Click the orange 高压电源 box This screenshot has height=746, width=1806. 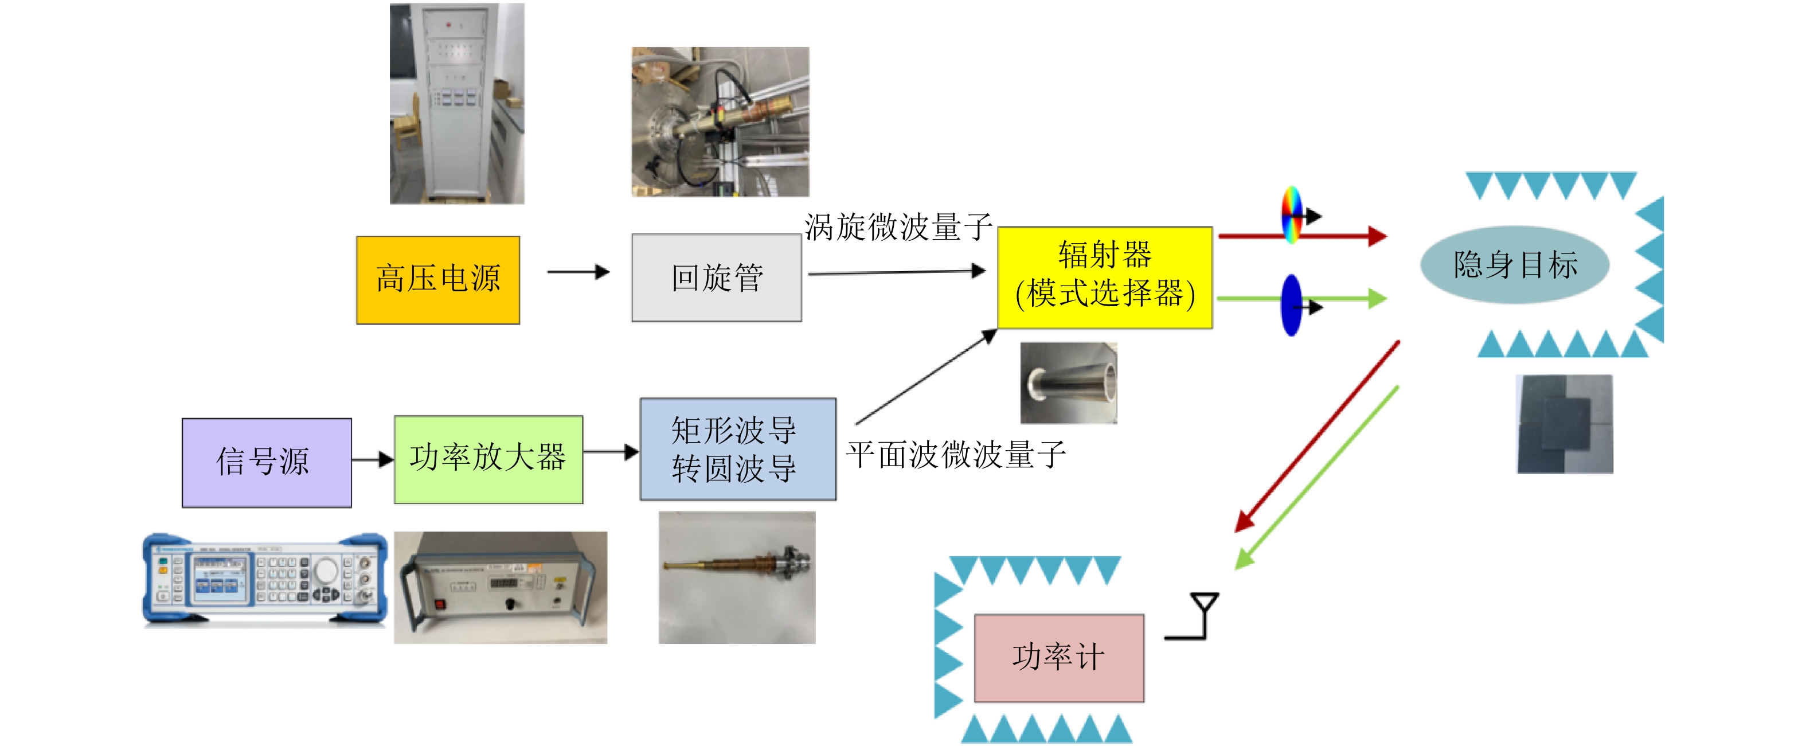pyautogui.click(x=437, y=280)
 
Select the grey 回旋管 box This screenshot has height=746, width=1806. pyautogui.click(x=717, y=278)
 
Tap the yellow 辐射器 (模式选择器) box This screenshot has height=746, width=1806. pyautogui.click(x=1104, y=277)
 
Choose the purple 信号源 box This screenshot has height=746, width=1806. pyautogui.click(x=267, y=462)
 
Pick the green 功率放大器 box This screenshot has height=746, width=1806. pyautogui.click(x=488, y=459)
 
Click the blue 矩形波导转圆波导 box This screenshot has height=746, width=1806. pyautogui.click(x=737, y=449)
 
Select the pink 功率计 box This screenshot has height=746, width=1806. pyautogui.click(x=1058, y=658)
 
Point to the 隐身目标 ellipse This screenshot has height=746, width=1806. pyautogui.click(x=1514, y=264)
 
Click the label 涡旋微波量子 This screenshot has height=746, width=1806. pyautogui.click(x=897, y=226)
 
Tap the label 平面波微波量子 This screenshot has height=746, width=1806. pyautogui.click(x=956, y=454)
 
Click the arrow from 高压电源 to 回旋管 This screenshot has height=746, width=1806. pyautogui.click(x=578, y=272)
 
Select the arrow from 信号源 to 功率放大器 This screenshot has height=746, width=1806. pyautogui.click(x=372, y=460)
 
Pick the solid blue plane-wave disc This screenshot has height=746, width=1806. pyautogui.click(x=1291, y=305)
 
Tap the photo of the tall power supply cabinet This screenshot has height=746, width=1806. pyautogui.click(x=457, y=104)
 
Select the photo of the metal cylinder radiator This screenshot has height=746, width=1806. pyautogui.click(x=1069, y=383)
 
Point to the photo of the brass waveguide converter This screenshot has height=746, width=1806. pyautogui.click(x=737, y=577)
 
